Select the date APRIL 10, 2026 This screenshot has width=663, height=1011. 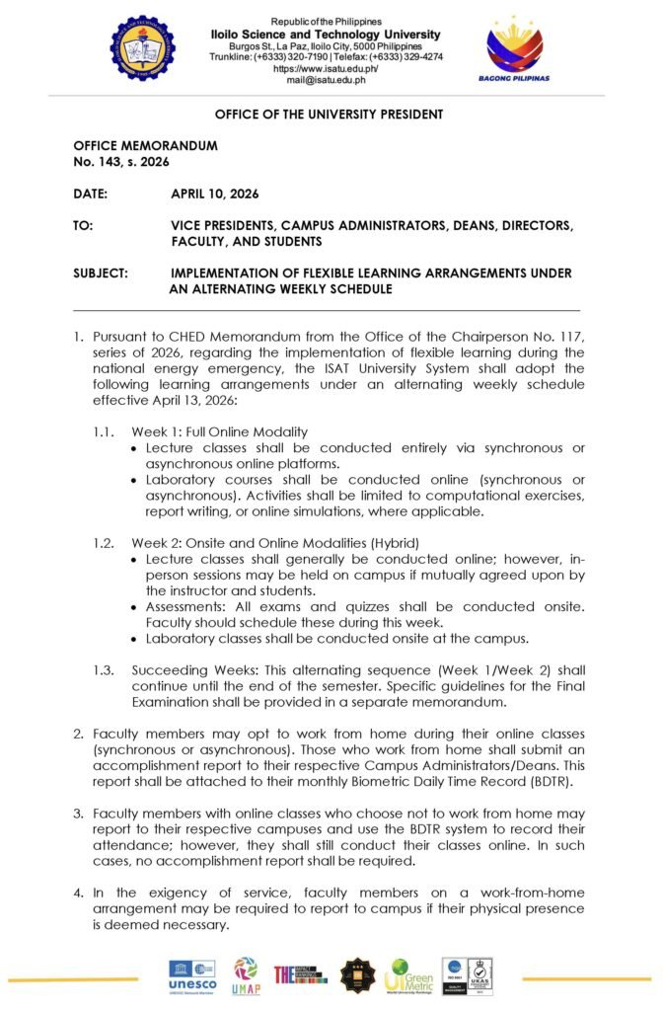(215, 194)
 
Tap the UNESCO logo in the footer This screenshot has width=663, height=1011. (192, 975)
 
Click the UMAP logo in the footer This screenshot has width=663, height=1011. (246, 975)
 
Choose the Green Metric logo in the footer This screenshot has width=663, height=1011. (408, 975)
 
